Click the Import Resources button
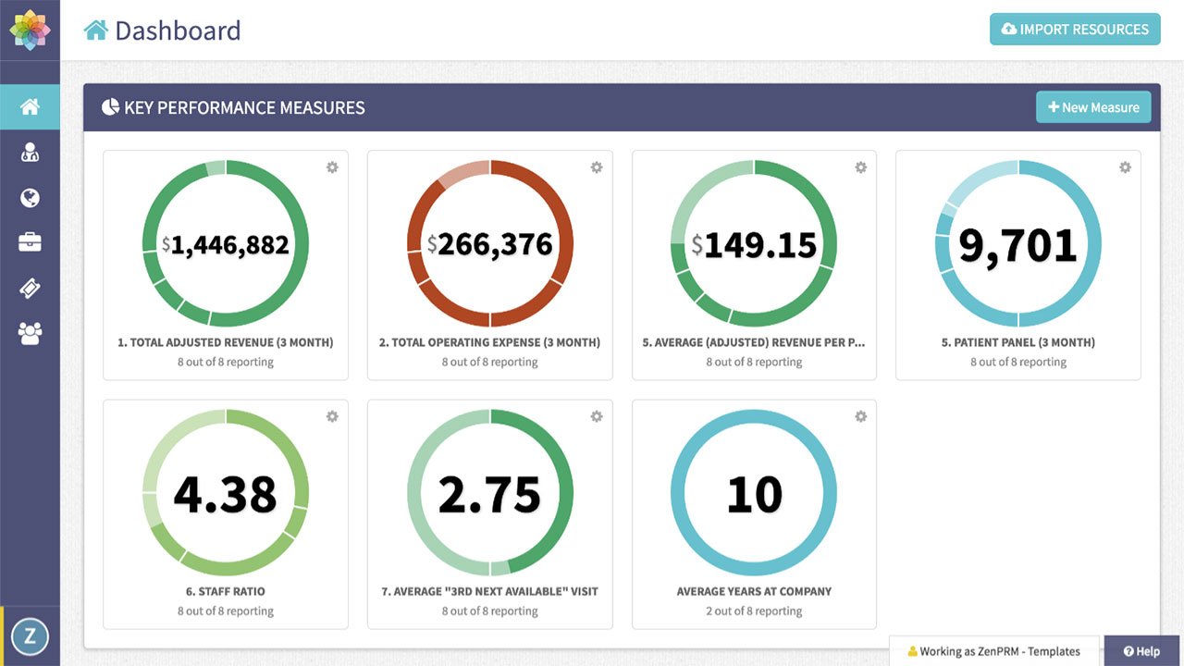pyautogui.click(x=1074, y=30)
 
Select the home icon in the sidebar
pyautogui.click(x=30, y=107)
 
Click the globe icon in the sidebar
pyautogui.click(x=30, y=198)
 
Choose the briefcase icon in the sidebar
pyautogui.click(x=30, y=242)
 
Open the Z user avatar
pyautogui.click(x=30, y=635)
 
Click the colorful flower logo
pyautogui.click(x=30, y=30)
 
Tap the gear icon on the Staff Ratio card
pyautogui.click(x=332, y=417)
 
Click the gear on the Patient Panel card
pyautogui.click(x=1125, y=167)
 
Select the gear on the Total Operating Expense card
pyautogui.click(x=597, y=167)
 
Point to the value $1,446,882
pyautogui.click(x=226, y=244)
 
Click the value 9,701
pyautogui.click(x=1017, y=244)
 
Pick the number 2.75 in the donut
pyautogui.click(x=489, y=494)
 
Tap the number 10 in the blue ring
pyautogui.click(x=754, y=494)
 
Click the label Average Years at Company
pyautogui.click(x=754, y=591)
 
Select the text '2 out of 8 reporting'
pyautogui.click(x=754, y=610)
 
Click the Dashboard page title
pyautogui.click(x=177, y=31)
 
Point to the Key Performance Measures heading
pyautogui.click(x=244, y=108)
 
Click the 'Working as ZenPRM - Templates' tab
pyautogui.click(x=994, y=651)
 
